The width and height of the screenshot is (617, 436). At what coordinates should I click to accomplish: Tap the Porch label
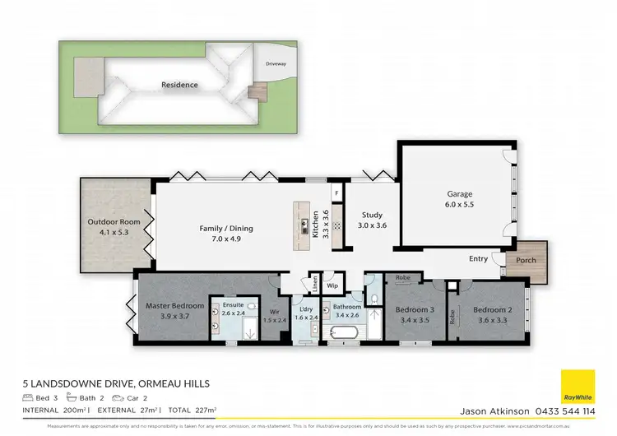[526, 261]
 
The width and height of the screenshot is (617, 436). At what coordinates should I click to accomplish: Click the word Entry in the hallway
[478, 258]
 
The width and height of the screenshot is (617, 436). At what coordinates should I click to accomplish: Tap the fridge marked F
[336, 194]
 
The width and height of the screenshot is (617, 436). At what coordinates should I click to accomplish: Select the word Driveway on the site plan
[276, 63]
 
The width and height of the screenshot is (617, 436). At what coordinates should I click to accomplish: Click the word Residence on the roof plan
[179, 85]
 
